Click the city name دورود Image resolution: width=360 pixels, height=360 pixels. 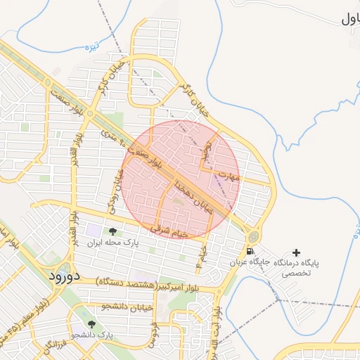65,276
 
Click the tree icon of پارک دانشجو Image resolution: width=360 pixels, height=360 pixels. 91,324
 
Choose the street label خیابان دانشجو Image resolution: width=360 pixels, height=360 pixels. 105,307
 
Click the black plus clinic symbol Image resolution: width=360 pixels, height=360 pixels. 295,252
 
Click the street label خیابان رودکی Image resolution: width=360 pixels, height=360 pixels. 119,190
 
